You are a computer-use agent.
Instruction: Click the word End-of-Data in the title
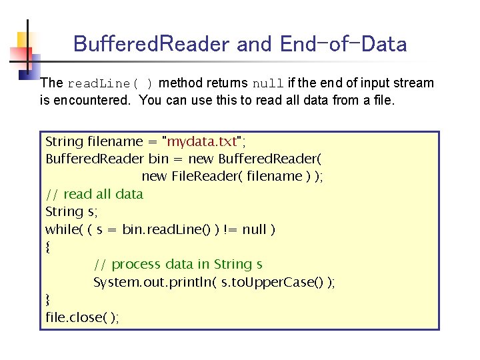click(x=343, y=44)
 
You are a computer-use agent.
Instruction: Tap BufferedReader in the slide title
click(x=152, y=44)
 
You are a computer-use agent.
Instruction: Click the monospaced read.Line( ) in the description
click(x=111, y=84)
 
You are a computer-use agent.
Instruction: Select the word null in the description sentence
click(x=268, y=84)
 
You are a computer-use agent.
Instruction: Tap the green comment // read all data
click(x=94, y=194)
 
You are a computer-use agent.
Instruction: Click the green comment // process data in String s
click(x=178, y=264)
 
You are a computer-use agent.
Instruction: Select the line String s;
click(x=69, y=212)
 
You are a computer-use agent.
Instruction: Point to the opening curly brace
click(x=47, y=247)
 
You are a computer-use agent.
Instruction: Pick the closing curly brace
click(x=47, y=300)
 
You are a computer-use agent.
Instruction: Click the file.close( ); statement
click(x=82, y=317)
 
